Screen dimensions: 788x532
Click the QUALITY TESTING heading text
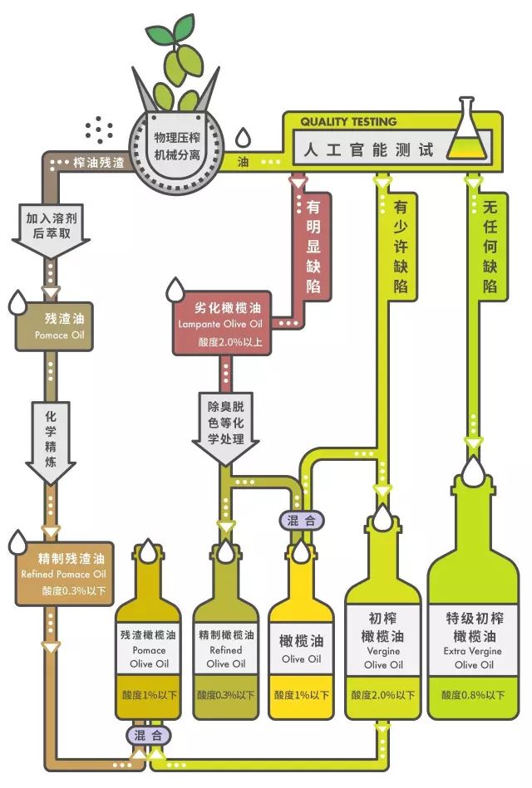[x=348, y=121]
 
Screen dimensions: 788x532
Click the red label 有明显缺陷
[x=314, y=246]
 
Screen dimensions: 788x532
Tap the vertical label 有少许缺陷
[x=401, y=246]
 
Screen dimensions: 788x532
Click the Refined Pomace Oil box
[x=62, y=573]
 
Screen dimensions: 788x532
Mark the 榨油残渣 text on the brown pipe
[x=99, y=161]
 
